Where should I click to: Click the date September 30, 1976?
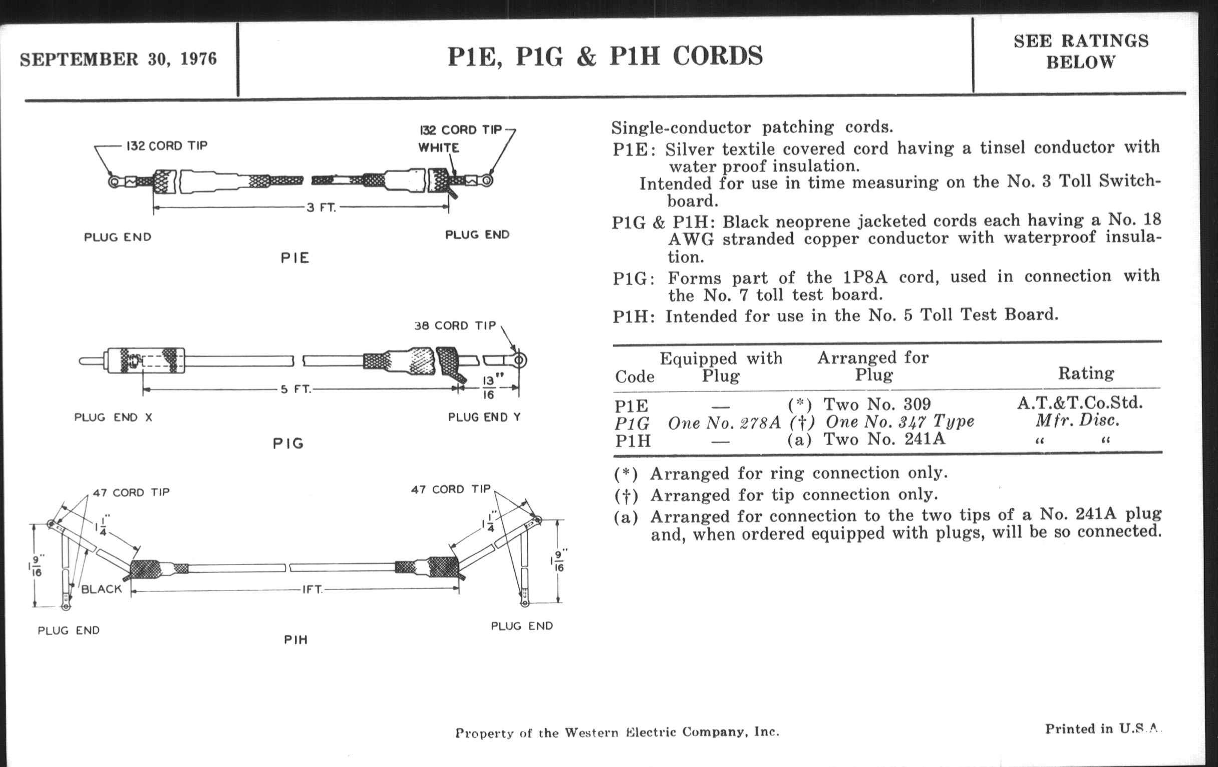pos(118,59)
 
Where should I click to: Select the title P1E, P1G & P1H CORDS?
pos(605,56)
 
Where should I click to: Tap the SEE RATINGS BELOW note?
pos(1081,51)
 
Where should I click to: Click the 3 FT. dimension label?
pos(321,208)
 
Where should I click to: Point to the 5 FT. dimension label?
pos(296,390)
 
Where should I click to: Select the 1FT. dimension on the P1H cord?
pos(313,590)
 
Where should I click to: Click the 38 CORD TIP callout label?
pos(455,325)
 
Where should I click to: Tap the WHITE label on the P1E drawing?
pos(439,148)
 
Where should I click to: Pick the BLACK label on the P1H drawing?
pos(102,589)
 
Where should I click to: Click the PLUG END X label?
pos(113,418)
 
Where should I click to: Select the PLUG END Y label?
pos(484,417)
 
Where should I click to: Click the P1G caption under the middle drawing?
pos(288,444)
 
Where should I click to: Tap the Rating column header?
pos(1086,373)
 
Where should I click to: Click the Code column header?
pos(635,376)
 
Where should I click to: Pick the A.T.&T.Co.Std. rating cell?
pos(1080,403)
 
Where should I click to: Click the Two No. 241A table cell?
pos(884,439)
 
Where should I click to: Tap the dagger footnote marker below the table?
pos(626,496)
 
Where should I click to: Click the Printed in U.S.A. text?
pos(1102,729)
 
